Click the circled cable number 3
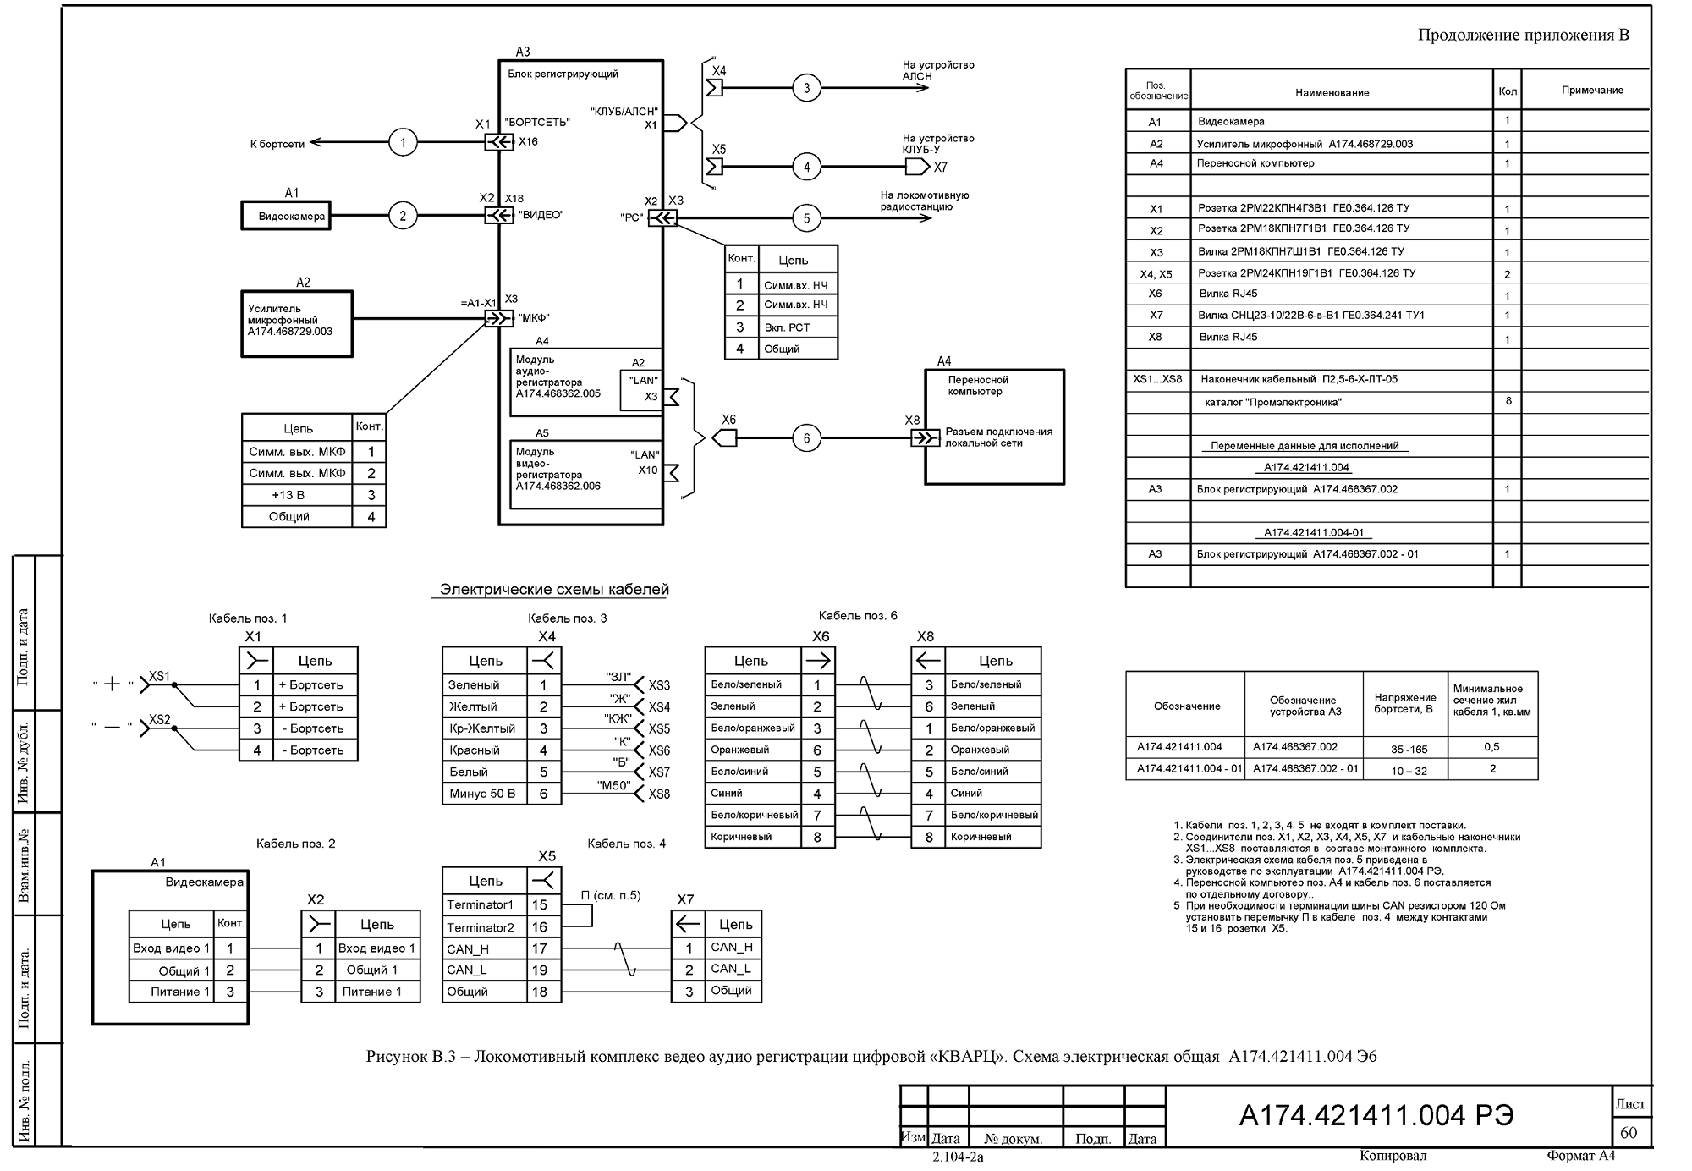(806, 88)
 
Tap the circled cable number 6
(806, 438)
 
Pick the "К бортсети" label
(277, 145)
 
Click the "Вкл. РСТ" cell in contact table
(787, 327)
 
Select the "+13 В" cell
(288, 495)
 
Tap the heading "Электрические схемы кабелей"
(554, 590)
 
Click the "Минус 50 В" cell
(482, 794)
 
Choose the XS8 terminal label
(659, 794)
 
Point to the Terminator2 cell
(481, 927)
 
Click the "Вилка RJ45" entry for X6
(1228, 294)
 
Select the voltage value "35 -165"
(1409, 749)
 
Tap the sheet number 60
(1629, 1132)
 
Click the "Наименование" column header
(1332, 93)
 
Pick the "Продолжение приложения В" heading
(1524, 35)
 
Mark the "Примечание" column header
(1592, 91)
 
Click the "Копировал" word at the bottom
(1393, 1156)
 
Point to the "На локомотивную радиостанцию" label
(924, 201)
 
